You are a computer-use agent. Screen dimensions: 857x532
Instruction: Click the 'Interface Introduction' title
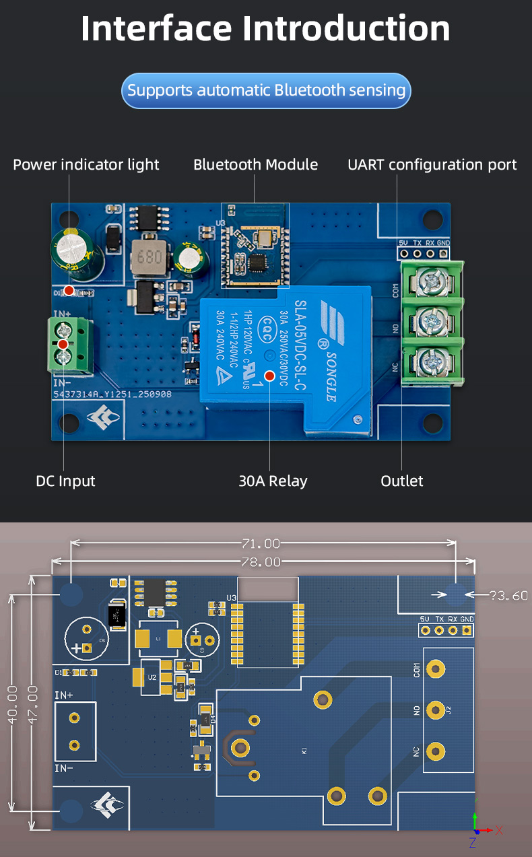(265, 28)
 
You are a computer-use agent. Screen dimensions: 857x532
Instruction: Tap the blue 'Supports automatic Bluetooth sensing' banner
(266, 90)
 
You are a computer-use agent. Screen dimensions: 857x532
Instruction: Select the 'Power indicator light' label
(86, 164)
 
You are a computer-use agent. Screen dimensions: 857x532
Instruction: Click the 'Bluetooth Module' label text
(255, 164)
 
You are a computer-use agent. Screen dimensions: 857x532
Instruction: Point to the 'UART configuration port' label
(432, 164)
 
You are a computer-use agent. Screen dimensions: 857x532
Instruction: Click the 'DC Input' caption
(65, 481)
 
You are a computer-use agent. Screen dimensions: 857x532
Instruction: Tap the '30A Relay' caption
(273, 481)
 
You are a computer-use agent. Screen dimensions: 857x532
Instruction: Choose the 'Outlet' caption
(402, 481)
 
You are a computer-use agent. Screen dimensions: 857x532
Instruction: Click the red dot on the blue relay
(269, 376)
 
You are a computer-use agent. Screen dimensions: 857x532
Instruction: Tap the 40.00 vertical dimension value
(12, 705)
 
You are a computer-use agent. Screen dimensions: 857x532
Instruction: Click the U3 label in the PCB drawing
(232, 598)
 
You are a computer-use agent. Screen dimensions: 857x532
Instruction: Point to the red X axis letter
(499, 830)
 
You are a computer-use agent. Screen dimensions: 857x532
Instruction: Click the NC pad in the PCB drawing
(436, 751)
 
